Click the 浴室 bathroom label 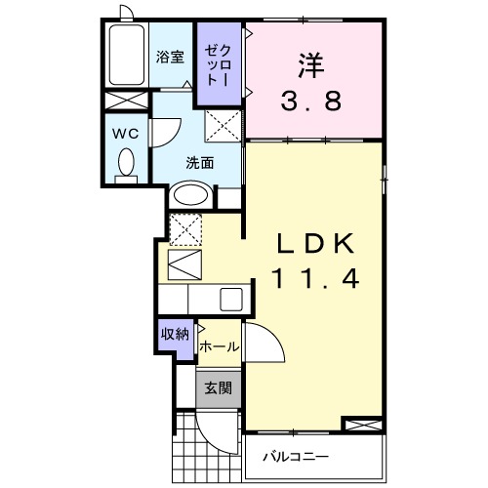pyautogui.click(x=171, y=57)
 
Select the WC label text pyautogui.click(x=124, y=131)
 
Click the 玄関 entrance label pyautogui.click(x=217, y=386)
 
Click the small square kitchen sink pyautogui.click(x=232, y=299)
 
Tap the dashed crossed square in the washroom pyautogui.click(x=223, y=124)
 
